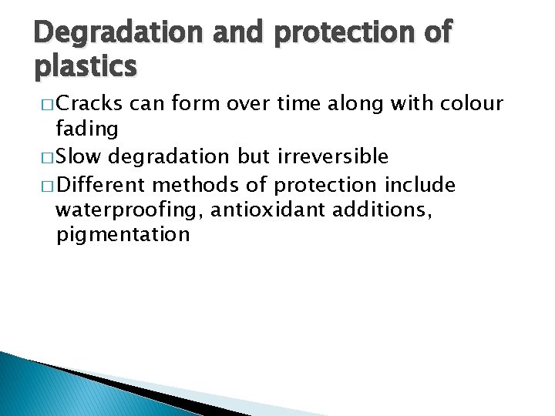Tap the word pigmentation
[x=123, y=235]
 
